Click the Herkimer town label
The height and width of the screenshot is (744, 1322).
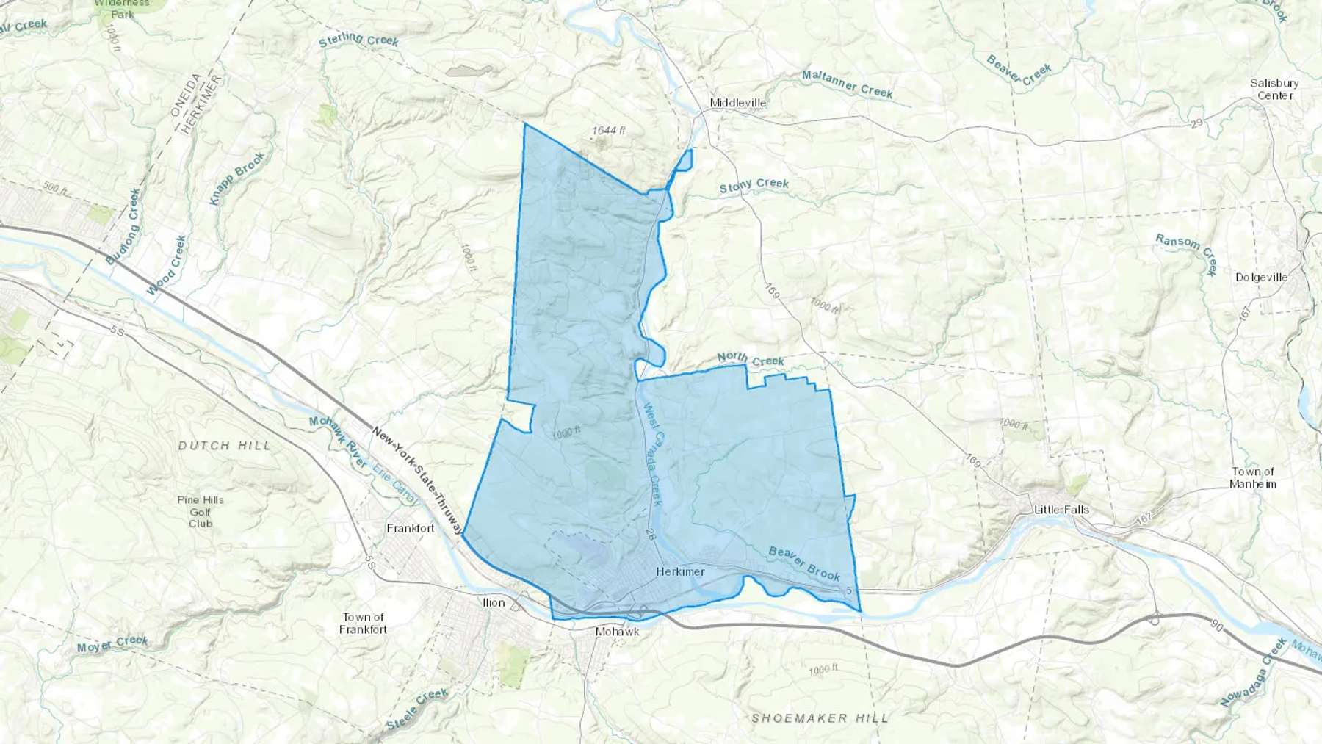pyautogui.click(x=680, y=571)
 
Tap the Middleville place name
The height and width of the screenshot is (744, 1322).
pyautogui.click(x=737, y=103)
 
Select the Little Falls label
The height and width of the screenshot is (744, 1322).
pyautogui.click(x=1061, y=510)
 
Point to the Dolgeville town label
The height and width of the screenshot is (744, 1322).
pyautogui.click(x=1261, y=278)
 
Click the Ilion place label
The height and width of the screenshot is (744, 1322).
pyautogui.click(x=494, y=603)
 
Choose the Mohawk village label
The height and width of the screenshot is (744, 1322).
pyautogui.click(x=617, y=632)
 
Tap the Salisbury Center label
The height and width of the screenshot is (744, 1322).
pyautogui.click(x=1274, y=89)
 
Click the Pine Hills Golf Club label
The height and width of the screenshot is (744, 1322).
pyautogui.click(x=201, y=512)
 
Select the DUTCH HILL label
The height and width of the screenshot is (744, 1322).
pyautogui.click(x=225, y=446)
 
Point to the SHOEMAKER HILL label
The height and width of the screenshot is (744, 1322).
pyautogui.click(x=820, y=718)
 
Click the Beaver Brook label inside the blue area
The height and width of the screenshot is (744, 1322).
pyautogui.click(x=804, y=563)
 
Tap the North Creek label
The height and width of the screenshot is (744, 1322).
pyautogui.click(x=751, y=359)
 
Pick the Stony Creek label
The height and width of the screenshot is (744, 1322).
pyautogui.click(x=754, y=186)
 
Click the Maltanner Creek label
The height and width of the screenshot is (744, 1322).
pyautogui.click(x=847, y=84)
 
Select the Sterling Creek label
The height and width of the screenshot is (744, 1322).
pyautogui.click(x=358, y=40)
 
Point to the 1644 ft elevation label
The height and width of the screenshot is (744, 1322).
pyautogui.click(x=609, y=131)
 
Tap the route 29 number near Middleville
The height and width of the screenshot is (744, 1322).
pyautogui.click(x=1197, y=123)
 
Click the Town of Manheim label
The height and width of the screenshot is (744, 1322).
pyautogui.click(x=1253, y=477)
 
